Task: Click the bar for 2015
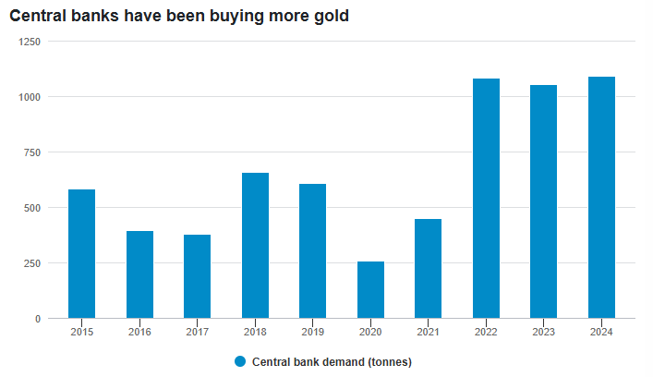coord(81,254)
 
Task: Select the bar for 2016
coord(139,274)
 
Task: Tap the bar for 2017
coord(197,276)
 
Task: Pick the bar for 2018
coord(255,246)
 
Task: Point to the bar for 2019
coord(312,251)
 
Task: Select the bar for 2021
coord(428,269)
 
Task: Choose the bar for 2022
coord(486,199)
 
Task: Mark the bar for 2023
coord(543,201)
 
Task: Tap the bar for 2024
coord(601,198)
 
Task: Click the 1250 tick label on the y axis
coord(30,42)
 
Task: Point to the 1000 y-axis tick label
coord(30,97)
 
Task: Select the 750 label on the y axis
coord(32,152)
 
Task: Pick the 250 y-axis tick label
coord(32,263)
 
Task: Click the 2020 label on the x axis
coord(370,332)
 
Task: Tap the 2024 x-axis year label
coord(601,332)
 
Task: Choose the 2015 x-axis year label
coord(81,332)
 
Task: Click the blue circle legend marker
coord(241,361)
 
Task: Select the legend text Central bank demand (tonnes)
coord(332,361)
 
